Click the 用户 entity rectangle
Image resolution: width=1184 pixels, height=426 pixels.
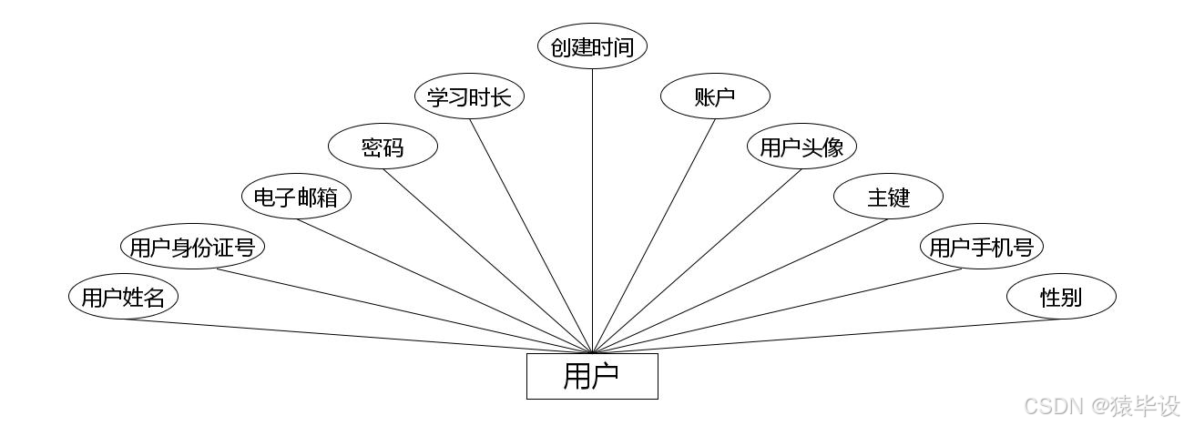click(x=592, y=376)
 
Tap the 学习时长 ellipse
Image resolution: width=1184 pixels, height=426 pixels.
click(x=469, y=97)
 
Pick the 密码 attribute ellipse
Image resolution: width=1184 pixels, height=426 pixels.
click(x=383, y=147)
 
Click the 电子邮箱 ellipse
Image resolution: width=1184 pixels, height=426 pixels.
click(x=296, y=197)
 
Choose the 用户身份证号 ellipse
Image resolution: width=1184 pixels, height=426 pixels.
click(x=192, y=247)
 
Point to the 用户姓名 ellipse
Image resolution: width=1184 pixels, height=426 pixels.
click(x=123, y=297)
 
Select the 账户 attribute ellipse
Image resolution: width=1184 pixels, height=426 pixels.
click(x=715, y=97)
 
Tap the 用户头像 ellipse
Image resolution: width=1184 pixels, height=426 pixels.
click(x=801, y=147)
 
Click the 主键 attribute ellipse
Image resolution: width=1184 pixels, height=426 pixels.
click(x=888, y=197)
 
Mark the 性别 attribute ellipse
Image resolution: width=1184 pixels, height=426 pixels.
click(x=1061, y=297)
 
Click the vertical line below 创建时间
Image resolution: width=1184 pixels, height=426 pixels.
click(x=592, y=209)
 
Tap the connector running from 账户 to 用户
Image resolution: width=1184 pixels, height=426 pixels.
click(x=654, y=236)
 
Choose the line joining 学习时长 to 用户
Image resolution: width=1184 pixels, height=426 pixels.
click(x=531, y=236)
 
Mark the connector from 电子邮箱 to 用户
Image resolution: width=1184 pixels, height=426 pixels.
click(x=444, y=286)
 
